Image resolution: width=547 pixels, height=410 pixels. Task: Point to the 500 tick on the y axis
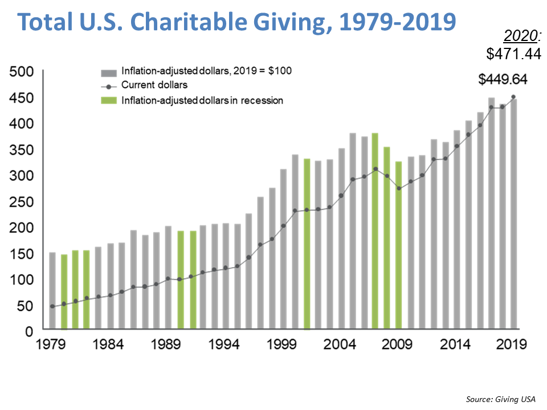(22, 72)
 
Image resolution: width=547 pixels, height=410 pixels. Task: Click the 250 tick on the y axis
(22, 201)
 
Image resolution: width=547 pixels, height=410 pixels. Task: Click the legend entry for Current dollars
(154, 85)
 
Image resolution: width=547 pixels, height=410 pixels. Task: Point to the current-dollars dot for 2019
(514, 97)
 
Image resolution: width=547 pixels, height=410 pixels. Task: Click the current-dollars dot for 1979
(52, 306)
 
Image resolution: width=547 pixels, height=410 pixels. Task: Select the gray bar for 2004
(342, 239)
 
